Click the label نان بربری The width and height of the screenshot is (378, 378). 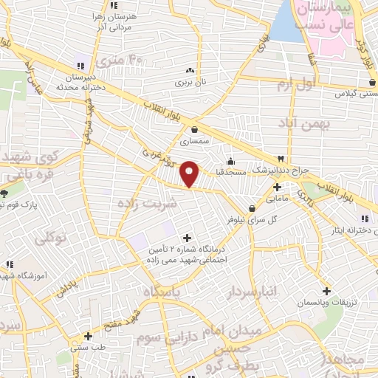click(188, 83)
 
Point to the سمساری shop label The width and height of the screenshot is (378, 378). click(193, 140)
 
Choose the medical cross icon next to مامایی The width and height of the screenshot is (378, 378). click(276, 187)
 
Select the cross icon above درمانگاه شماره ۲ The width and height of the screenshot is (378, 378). click(186, 238)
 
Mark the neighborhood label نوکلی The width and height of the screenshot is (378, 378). click(52, 237)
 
